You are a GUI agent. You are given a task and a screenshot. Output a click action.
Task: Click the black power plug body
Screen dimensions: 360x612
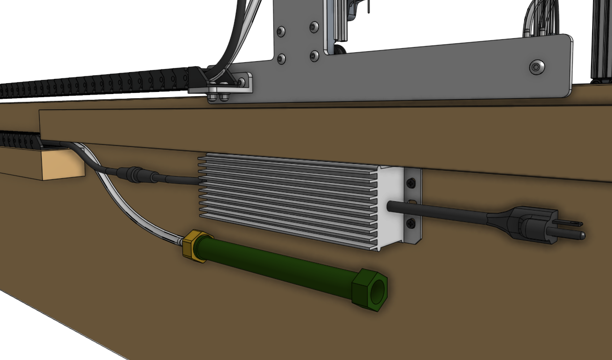click(528, 225)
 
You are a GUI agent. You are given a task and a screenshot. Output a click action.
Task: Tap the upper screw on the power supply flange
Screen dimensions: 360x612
click(411, 183)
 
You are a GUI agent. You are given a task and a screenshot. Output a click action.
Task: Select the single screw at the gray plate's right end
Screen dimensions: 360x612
click(536, 66)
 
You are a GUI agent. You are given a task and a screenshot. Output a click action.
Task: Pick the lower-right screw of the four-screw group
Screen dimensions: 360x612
click(314, 55)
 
